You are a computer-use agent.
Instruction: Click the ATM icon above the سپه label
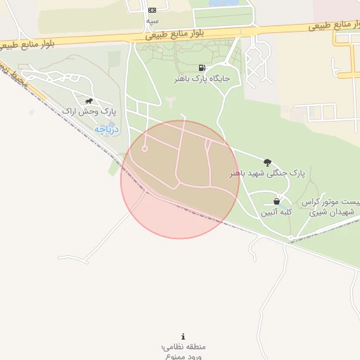point(153,10)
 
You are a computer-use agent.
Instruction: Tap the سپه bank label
point(153,21)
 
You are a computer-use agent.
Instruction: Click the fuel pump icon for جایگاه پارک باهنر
point(203,68)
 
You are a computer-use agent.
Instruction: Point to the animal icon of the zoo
point(89,101)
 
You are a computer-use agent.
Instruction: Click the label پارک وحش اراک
point(89,112)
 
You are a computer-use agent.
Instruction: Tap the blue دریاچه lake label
point(107,129)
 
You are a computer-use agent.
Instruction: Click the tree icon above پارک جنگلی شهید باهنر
point(267,162)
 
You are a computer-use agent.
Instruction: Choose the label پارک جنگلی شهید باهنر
point(268,172)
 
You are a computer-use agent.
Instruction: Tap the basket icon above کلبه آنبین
point(277,201)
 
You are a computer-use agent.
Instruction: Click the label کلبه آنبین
point(277,211)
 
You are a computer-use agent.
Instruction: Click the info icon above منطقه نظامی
point(184,337)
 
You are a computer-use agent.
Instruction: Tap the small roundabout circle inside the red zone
point(145,148)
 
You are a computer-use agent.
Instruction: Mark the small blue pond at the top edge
point(224,3)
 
